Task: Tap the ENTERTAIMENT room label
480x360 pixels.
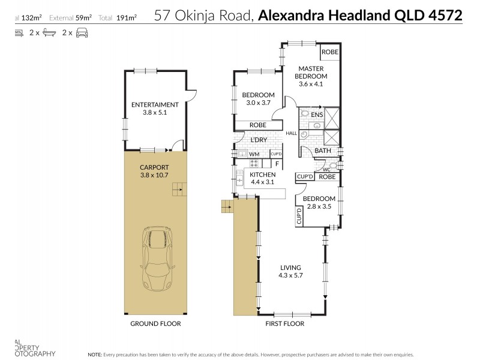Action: coord(155,107)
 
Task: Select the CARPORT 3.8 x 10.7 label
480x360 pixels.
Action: coord(154,170)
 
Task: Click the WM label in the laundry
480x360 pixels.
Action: coord(254,154)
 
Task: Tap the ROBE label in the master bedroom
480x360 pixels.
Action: coord(329,52)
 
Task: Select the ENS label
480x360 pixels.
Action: coord(317,114)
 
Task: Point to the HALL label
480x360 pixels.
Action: coord(292,133)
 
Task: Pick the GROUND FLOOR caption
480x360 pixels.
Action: coord(155,323)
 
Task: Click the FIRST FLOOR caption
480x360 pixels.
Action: coord(284,323)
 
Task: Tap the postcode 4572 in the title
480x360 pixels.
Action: coord(445,16)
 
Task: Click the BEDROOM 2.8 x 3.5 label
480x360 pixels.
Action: coord(319,202)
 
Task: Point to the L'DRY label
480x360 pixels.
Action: coord(259,140)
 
